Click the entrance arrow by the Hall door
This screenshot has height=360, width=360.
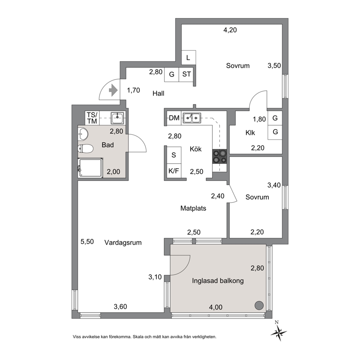click(x=113, y=90)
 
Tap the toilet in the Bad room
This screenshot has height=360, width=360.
click(x=85, y=148)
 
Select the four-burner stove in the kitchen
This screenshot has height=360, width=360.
click(x=220, y=156)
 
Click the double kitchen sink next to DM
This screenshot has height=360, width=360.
click(x=192, y=118)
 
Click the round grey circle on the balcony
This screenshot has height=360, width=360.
click(x=259, y=305)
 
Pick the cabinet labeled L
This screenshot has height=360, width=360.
click(x=189, y=58)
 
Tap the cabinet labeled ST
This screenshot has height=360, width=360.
click(x=186, y=74)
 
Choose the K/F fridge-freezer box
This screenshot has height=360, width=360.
click(x=174, y=171)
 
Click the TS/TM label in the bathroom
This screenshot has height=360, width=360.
click(x=92, y=118)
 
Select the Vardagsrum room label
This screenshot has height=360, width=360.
click(x=123, y=243)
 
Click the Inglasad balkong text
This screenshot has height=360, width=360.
click(x=218, y=281)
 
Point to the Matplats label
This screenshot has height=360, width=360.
click(x=193, y=208)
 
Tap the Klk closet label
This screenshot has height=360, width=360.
click(x=250, y=133)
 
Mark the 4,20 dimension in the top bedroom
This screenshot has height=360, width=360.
click(x=230, y=30)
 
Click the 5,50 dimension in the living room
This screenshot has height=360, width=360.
click(x=87, y=242)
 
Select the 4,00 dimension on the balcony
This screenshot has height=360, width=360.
click(x=216, y=307)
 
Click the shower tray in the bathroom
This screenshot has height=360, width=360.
click(x=90, y=168)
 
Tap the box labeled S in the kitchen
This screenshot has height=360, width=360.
click(x=174, y=155)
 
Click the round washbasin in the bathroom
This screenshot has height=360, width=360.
click(x=83, y=134)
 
